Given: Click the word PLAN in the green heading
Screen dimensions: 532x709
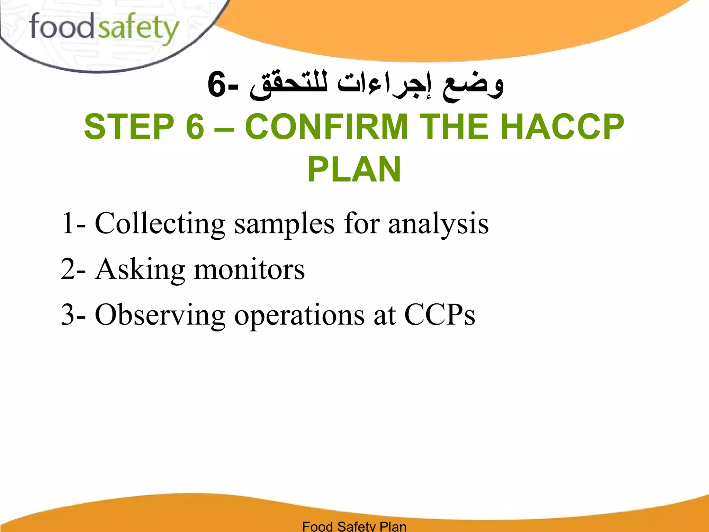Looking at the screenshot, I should click(354, 169).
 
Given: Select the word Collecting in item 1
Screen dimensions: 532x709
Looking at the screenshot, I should click(160, 224).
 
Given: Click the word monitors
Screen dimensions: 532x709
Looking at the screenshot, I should click(249, 269).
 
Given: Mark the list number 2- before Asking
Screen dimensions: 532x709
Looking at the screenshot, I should click(73, 269).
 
